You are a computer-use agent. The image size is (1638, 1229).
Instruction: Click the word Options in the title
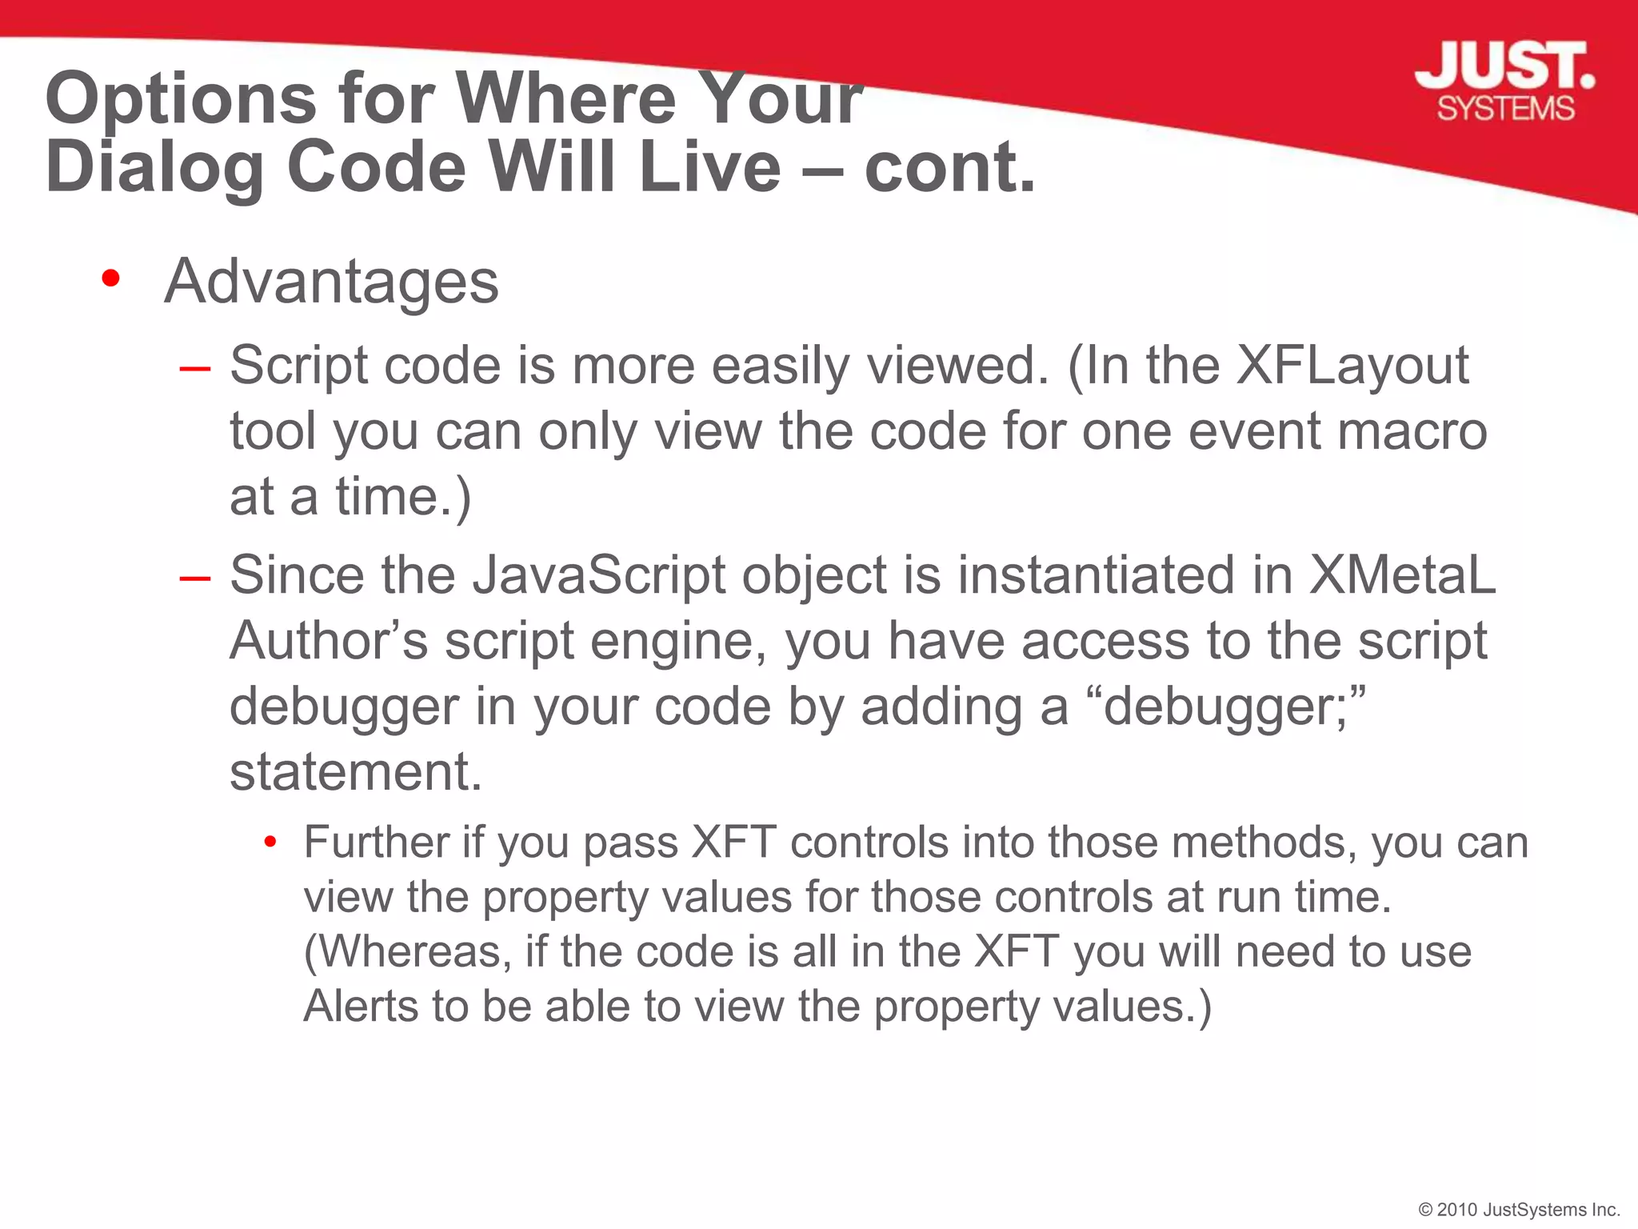point(181,99)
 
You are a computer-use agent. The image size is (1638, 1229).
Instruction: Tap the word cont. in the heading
point(950,168)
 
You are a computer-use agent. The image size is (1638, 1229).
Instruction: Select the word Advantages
point(331,282)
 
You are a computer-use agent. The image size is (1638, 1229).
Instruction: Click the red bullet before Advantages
point(111,279)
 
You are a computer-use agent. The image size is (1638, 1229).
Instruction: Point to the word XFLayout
point(1352,366)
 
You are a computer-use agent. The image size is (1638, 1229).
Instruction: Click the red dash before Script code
point(195,369)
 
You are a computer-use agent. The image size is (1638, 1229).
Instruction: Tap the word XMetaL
point(1401,575)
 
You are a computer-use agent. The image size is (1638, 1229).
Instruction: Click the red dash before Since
point(195,578)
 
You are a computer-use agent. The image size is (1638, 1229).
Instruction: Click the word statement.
point(356,772)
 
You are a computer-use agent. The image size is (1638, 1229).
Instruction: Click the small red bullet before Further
point(270,843)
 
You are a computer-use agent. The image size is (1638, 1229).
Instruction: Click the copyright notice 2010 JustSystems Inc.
point(1519,1209)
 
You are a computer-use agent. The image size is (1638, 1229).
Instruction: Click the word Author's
point(329,641)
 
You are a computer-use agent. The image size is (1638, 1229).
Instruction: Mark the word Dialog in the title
point(154,168)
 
